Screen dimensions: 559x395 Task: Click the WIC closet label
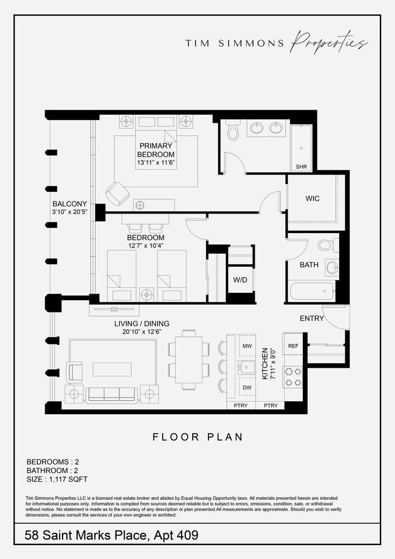[x=312, y=198]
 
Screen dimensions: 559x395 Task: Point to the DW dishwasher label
[x=246, y=387]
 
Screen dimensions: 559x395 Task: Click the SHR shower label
[x=301, y=167]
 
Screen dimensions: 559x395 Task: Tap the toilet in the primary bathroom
[x=233, y=131]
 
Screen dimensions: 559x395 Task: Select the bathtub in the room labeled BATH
[x=311, y=292]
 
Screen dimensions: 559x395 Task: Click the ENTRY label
[x=312, y=319]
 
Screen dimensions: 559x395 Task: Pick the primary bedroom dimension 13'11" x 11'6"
[x=156, y=163]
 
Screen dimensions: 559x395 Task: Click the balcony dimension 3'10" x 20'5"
[x=70, y=212]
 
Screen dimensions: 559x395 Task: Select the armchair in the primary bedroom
[x=118, y=193]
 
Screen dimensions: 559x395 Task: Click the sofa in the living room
[x=111, y=394]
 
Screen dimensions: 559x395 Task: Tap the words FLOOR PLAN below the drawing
[x=198, y=437]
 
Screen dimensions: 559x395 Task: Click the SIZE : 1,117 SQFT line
[x=57, y=479]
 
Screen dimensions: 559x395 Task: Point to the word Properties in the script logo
[x=330, y=43]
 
